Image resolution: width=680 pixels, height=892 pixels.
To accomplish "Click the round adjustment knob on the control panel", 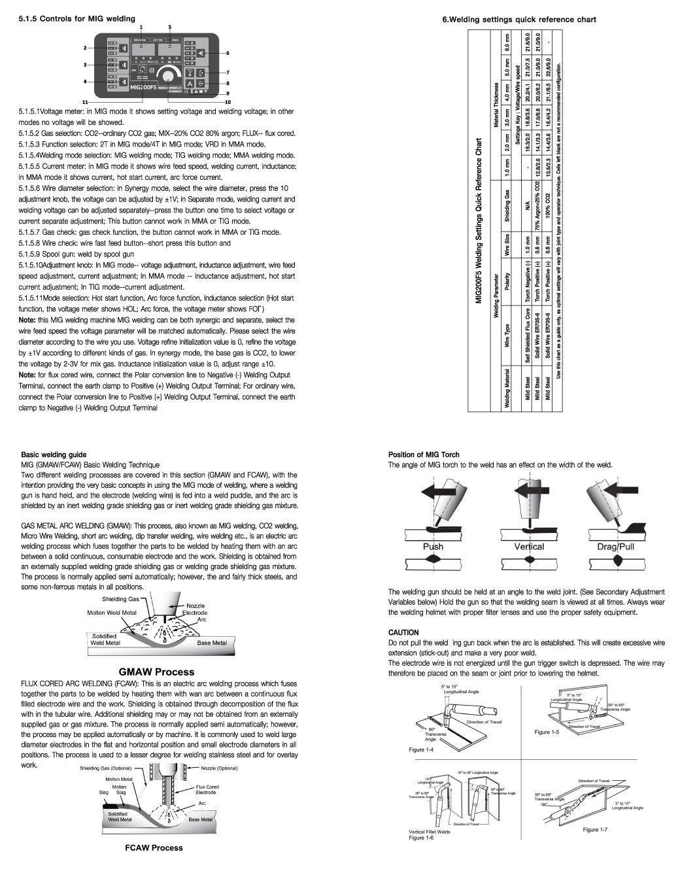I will (171, 73).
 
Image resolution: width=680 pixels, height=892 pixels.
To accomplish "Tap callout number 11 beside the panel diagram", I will (85, 103).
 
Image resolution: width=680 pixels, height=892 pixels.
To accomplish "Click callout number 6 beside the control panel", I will (228, 52).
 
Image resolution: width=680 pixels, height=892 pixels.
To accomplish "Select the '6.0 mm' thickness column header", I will (505, 43).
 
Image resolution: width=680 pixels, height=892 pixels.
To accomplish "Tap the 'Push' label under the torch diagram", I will (432, 546).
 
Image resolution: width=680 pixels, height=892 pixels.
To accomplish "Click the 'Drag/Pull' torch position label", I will (615, 546).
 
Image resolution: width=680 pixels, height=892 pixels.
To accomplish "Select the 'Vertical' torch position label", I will (529, 546).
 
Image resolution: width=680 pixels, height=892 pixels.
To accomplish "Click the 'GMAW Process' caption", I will (156, 671).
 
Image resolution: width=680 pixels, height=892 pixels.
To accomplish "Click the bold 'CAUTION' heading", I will (403, 632).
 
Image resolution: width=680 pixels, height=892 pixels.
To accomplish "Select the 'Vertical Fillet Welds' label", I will (429, 832).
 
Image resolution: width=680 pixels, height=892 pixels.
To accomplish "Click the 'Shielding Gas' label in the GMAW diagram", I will (120, 599).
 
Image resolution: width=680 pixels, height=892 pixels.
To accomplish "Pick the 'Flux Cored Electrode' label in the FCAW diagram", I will (207, 789).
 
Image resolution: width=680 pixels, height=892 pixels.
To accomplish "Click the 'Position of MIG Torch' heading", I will (424, 455).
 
